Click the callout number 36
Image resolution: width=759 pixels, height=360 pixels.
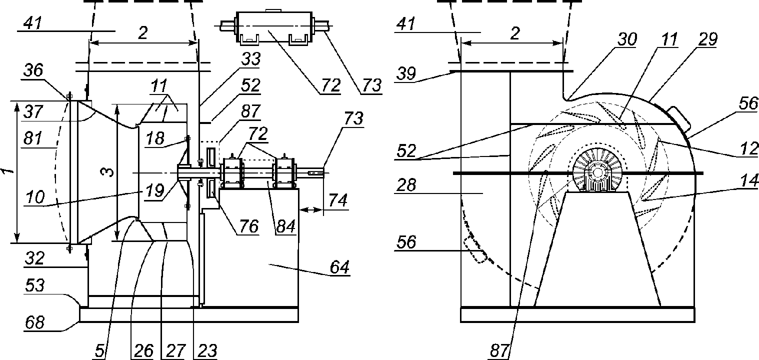33,70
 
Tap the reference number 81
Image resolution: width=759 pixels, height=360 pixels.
32,138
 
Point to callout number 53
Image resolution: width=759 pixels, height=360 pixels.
35,285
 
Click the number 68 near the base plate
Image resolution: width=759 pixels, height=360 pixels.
35,322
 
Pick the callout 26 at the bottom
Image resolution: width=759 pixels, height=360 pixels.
143,351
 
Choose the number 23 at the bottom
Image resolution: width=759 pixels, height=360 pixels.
207,351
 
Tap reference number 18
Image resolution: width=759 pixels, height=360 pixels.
155,138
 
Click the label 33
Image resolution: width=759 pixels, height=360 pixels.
250,59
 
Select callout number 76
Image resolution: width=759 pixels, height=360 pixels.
249,226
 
